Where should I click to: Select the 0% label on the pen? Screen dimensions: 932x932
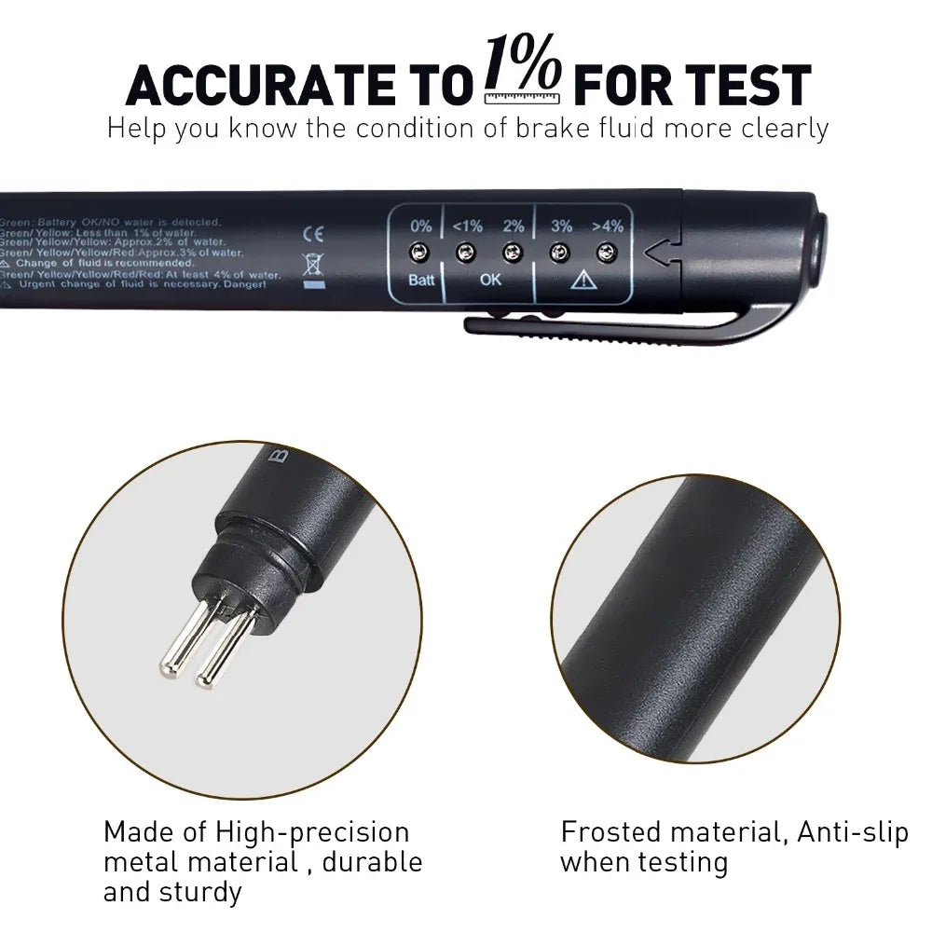420,226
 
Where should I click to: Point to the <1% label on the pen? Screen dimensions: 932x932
467,226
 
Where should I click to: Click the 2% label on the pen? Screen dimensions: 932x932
513,226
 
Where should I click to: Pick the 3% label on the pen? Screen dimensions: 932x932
561,226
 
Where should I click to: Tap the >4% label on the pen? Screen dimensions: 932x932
608,226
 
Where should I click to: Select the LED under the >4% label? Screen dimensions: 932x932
607,252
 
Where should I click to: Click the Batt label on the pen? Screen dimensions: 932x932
421,280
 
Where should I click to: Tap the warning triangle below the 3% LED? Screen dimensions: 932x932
584,279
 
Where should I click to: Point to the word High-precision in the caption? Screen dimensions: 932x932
313,832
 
